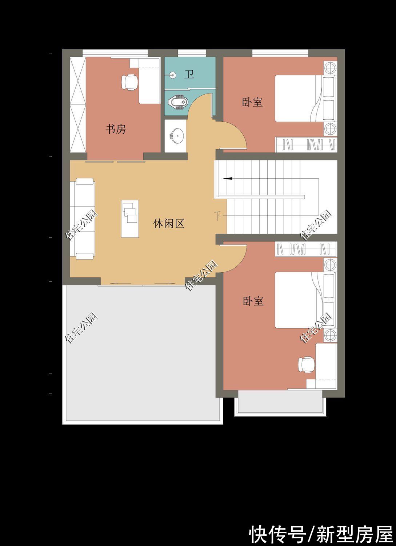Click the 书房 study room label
(x=116, y=129)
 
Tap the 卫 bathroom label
(x=189, y=75)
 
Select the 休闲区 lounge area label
(x=169, y=223)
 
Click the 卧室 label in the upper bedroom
(x=252, y=102)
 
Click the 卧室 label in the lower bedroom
(x=253, y=301)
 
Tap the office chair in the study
(x=129, y=82)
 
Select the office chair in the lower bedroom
(x=306, y=364)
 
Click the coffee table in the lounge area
(x=130, y=218)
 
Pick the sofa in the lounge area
(x=84, y=218)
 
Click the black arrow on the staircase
(x=228, y=178)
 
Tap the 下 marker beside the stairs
(x=217, y=215)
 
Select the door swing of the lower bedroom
(x=235, y=258)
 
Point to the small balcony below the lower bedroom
(x=280, y=402)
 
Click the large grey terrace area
(x=142, y=353)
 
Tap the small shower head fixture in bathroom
(x=172, y=75)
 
